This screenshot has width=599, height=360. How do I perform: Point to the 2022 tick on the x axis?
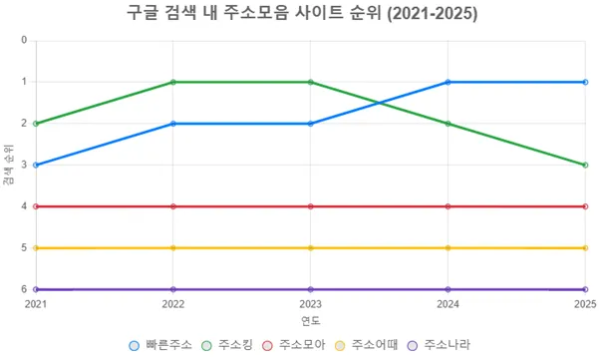tap(173, 302)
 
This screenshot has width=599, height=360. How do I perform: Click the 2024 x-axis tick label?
tap(448, 302)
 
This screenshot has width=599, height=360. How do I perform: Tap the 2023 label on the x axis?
tap(310, 302)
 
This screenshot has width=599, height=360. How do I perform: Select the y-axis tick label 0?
tap(24, 41)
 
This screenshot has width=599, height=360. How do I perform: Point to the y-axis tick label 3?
tap(24, 166)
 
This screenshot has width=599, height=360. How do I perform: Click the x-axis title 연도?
tap(310, 320)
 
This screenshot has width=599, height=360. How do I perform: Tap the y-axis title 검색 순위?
tap(9, 165)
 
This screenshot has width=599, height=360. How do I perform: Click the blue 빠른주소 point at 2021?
tap(36, 165)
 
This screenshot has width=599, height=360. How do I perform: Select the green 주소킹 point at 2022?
tap(173, 82)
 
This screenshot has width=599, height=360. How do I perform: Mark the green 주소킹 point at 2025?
tap(584, 165)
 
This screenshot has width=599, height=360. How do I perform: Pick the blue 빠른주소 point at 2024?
tap(448, 82)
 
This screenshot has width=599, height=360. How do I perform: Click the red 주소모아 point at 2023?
tap(310, 206)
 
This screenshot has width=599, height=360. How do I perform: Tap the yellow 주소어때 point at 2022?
tap(173, 247)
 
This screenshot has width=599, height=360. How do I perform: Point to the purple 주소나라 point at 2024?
tap(448, 289)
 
